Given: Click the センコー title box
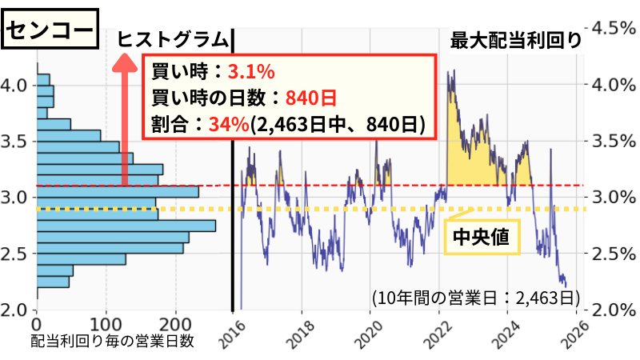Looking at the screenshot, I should point(50,31).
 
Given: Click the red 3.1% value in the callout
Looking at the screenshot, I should point(251,72).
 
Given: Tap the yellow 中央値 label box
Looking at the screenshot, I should point(482,237).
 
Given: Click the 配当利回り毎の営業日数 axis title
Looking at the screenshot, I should point(113,342).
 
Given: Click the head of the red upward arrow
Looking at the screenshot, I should point(125,61).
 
